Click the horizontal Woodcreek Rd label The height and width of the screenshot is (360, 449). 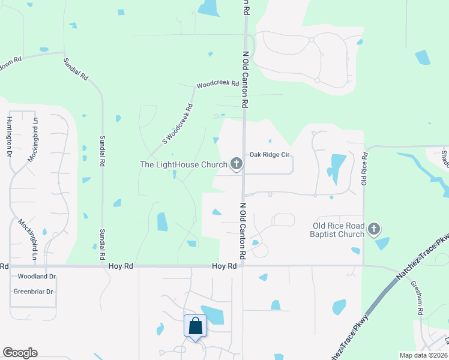coord(214,85)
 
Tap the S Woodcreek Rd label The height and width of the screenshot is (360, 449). coord(178,125)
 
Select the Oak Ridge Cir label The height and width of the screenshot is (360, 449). coord(270,154)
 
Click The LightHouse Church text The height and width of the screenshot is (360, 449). coord(183,164)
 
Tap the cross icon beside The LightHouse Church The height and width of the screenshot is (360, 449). coord(237,163)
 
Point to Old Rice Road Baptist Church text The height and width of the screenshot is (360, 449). coord(338,230)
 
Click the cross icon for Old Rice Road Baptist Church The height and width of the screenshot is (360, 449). coord(374,228)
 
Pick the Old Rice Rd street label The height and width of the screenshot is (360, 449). coord(364,169)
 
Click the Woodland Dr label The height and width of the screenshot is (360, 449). coord(37,277)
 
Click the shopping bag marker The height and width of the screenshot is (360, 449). coord(196,326)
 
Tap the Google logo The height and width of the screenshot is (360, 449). coord(20,353)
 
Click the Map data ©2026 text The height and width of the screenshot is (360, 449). coord(424,355)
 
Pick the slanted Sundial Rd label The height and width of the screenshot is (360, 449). coord(76,69)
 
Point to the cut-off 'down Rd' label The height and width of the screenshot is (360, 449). coord(11,62)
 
